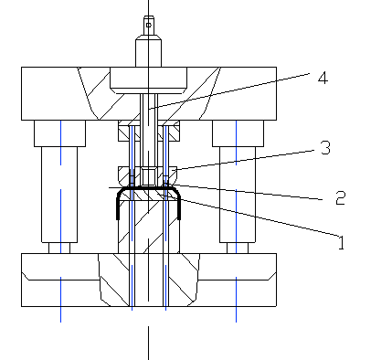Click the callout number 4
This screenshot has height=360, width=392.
[323, 78]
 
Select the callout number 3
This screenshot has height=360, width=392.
[325, 148]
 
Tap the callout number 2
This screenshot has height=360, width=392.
[340, 198]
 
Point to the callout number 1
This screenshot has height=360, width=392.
[342, 243]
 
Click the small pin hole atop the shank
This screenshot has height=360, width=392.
[149, 25]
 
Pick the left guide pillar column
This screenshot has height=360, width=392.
[59, 195]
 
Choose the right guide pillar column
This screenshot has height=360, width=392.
[238, 195]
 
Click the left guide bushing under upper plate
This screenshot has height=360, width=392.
[59, 133]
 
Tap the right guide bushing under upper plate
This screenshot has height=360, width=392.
[238, 133]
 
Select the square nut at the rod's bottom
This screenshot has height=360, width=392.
[149, 176]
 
